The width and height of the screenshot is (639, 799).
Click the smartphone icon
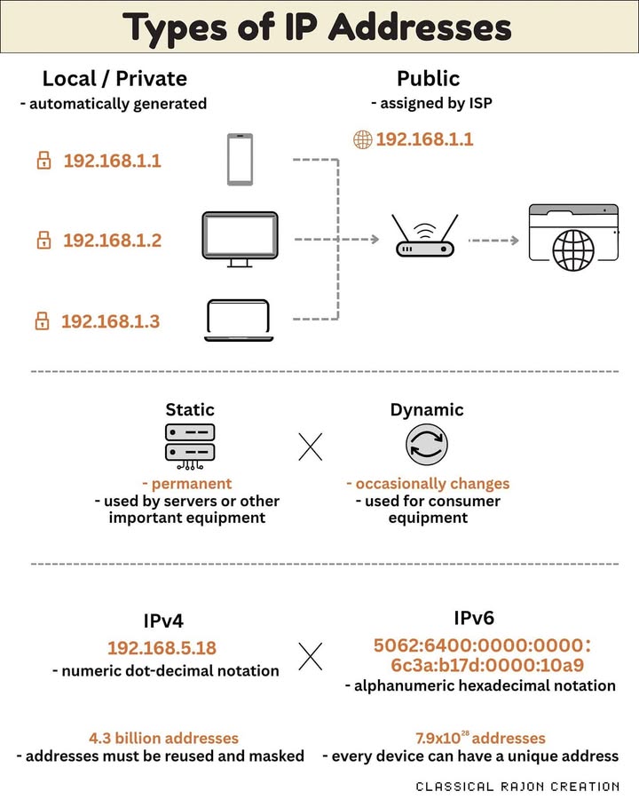pos(240,159)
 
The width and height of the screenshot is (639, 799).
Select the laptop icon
pos(237,320)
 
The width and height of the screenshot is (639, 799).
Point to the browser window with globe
pos(573,233)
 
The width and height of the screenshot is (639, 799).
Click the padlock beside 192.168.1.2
pos(43,240)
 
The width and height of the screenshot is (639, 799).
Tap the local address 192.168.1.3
pos(110,321)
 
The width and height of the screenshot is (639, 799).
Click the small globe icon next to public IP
pos(362,139)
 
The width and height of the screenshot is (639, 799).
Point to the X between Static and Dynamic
pos(310,447)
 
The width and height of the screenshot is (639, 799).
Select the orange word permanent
pos(191,484)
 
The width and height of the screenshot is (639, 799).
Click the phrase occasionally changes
pos(427,484)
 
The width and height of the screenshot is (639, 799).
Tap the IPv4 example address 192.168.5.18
pos(162,647)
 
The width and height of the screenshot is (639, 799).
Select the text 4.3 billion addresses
pos(163,738)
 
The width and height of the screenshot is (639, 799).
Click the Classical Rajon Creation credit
pos(517,786)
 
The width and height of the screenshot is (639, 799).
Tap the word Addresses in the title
pos(420,28)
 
